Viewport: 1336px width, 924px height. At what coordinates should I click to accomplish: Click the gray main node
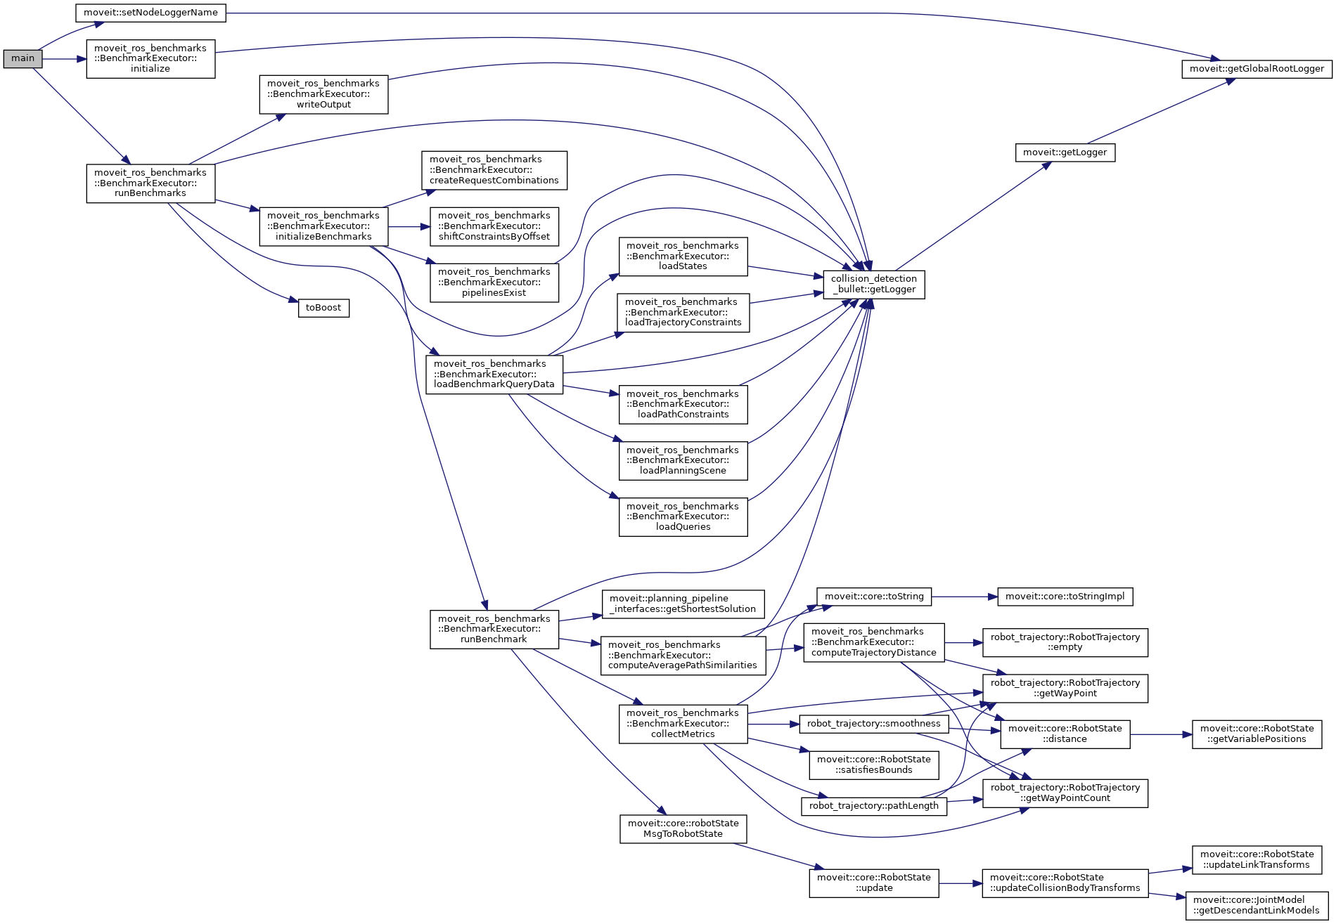tap(23, 59)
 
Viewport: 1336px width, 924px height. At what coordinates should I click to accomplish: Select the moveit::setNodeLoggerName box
tap(150, 13)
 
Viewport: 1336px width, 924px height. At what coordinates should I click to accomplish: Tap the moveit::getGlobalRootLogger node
tap(1257, 69)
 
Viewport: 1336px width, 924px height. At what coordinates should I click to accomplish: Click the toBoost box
tap(323, 308)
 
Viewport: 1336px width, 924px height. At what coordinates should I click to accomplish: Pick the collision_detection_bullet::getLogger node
tap(873, 284)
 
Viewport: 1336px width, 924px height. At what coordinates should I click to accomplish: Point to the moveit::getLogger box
tap(1065, 152)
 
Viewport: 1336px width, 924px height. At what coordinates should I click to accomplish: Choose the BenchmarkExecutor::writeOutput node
tap(323, 94)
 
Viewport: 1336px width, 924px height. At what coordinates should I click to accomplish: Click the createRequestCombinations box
tap(494, 170)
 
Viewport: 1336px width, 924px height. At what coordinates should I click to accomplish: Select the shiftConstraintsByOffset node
tap(494, 226)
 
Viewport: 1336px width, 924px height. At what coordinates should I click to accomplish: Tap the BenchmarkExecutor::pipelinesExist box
tap(494, 282)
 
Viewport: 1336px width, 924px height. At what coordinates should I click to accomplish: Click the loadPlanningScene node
tap(683, 460)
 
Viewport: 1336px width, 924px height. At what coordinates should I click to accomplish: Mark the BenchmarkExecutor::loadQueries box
tap(683, 516)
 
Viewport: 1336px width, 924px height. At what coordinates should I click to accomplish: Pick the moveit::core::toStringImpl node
tap(1065, 597)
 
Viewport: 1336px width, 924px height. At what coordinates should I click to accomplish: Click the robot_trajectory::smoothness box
tap(873, 724)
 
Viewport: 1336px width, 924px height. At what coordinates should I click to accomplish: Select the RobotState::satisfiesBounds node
tap(873, 764)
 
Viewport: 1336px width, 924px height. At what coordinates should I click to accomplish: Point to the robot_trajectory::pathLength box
tap(873, 806)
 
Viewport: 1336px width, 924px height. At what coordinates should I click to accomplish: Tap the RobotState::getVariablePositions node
tap(1257, 734)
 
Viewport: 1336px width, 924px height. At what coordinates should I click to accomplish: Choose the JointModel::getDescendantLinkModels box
tap(1257, 905)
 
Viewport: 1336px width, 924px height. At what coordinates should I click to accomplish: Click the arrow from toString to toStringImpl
tap(964, 597)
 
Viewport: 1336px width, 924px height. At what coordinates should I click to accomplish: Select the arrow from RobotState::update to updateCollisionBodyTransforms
tap(960, 883)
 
